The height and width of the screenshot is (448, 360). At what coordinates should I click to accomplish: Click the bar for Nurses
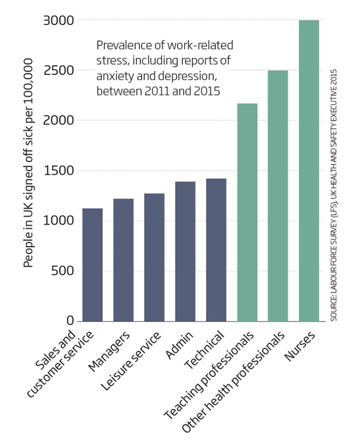pos(309,171)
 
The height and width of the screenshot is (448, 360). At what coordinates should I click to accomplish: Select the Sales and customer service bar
pos(93,265)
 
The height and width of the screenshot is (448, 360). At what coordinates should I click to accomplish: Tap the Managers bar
pos(123,260)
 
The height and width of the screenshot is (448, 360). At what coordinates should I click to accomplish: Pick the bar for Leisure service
pos(154,257)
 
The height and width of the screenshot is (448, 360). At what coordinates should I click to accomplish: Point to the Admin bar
pos(185,252)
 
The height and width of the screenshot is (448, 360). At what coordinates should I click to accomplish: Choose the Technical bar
pos(216,250)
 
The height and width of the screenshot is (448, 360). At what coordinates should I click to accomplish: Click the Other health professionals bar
pos(278,196)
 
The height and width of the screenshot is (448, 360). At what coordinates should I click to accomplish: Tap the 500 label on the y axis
pos(64,271)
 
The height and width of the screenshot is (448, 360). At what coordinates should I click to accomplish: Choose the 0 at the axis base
pos(71,321)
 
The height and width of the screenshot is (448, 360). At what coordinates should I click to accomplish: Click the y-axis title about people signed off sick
pos(29,163)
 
